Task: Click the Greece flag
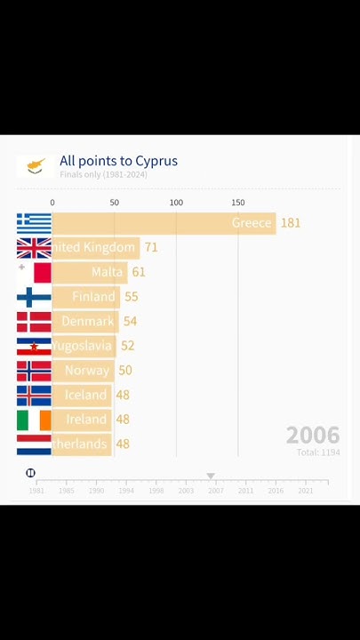click(x=34, y=223)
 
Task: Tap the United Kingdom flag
click(x=34, y=248)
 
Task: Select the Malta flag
click(x=34, y=272)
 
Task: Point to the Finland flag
click(x=34, y=297)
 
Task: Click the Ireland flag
click(x=34, y=420)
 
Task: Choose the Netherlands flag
click(x=34, y=444)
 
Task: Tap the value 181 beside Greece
click(x=291, y=223)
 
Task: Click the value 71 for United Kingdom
click(x=150, y=248)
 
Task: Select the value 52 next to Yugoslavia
click(x=128, y=346)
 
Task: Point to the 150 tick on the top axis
click(x=237, y=203)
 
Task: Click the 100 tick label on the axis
click(x=176, y=203)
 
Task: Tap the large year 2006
click(x=313, y=435)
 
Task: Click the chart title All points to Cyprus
click(x=118, y=161)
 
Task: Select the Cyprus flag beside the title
click(x=36, y=166)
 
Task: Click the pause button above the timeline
click(x=30, y=473)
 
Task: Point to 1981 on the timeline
click(x=36, y=491)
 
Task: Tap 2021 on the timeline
click(x=305, y=491)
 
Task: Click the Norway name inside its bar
click(x=87, y=371)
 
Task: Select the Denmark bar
click(x=84, y=321)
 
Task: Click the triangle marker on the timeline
click(x=211, y=476)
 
